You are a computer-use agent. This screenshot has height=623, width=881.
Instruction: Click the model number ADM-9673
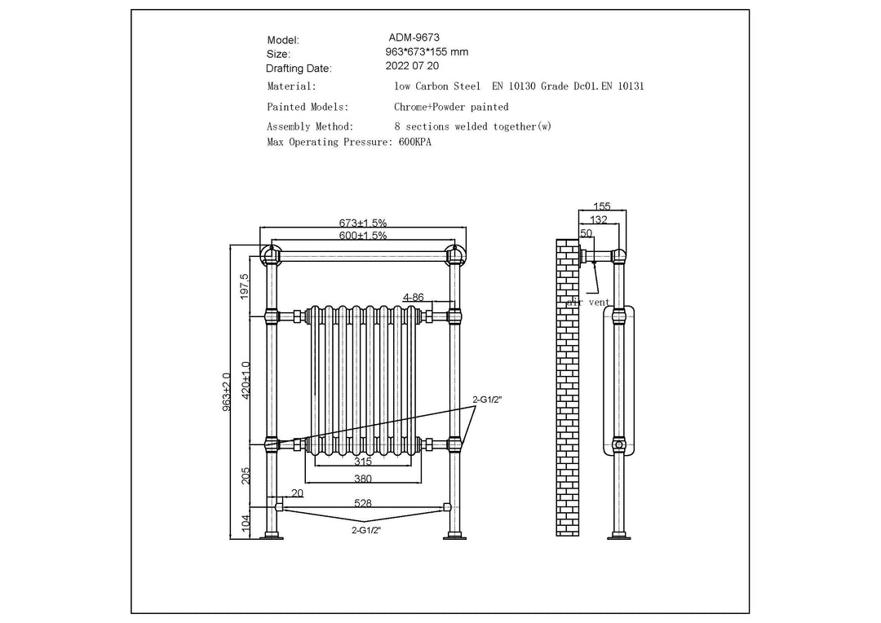click(415, 38)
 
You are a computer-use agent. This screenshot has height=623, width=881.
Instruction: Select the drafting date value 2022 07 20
click(415, 66)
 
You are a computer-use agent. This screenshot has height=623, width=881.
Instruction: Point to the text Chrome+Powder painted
click(451, 107)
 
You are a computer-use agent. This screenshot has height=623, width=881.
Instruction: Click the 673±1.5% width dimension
click(363, 223)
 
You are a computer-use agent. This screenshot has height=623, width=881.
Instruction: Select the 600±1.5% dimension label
click(363, 235)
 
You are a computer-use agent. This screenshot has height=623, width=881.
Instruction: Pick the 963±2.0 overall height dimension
click(227, 391)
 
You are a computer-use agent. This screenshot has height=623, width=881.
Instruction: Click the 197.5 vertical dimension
click(245, 286)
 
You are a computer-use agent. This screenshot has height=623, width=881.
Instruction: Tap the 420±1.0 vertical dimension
click(245, 378)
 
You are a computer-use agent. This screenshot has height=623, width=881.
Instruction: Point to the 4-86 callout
click(413, 298)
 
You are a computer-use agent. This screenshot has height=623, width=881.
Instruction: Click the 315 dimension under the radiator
click(363, 461)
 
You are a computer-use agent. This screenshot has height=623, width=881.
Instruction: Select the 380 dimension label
click(363, 479)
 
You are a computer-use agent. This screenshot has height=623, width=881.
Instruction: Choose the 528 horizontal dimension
click(363, 504)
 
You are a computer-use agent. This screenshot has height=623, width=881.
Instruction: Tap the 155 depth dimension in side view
click(602, 207)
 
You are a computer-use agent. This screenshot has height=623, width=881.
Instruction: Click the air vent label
click(588, 302)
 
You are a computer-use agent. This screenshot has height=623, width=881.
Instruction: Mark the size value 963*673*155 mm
click(427, 51)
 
